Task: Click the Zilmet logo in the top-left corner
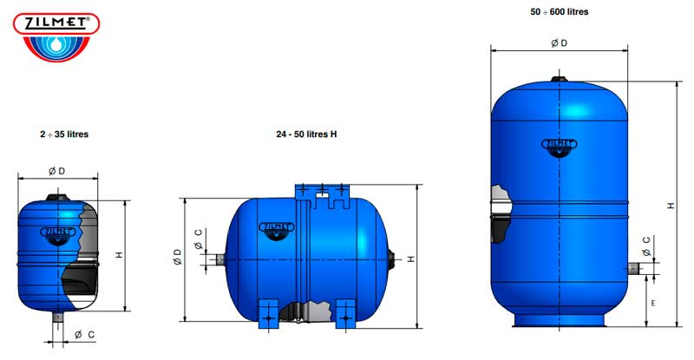(x=56, y=36)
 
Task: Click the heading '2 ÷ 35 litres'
(x=64, y=134)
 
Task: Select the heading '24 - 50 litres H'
(x=306, y=134)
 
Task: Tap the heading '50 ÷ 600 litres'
(x=560, y=12)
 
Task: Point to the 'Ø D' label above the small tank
(x=57, y=171)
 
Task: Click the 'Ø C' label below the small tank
(x=84, y=334)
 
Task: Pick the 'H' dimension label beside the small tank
(x=119, y=255)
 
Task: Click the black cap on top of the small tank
(x=57, y=198)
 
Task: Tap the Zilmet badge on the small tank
(x=58, y=233)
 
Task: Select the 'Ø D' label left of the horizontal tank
(x=177, y=257)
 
